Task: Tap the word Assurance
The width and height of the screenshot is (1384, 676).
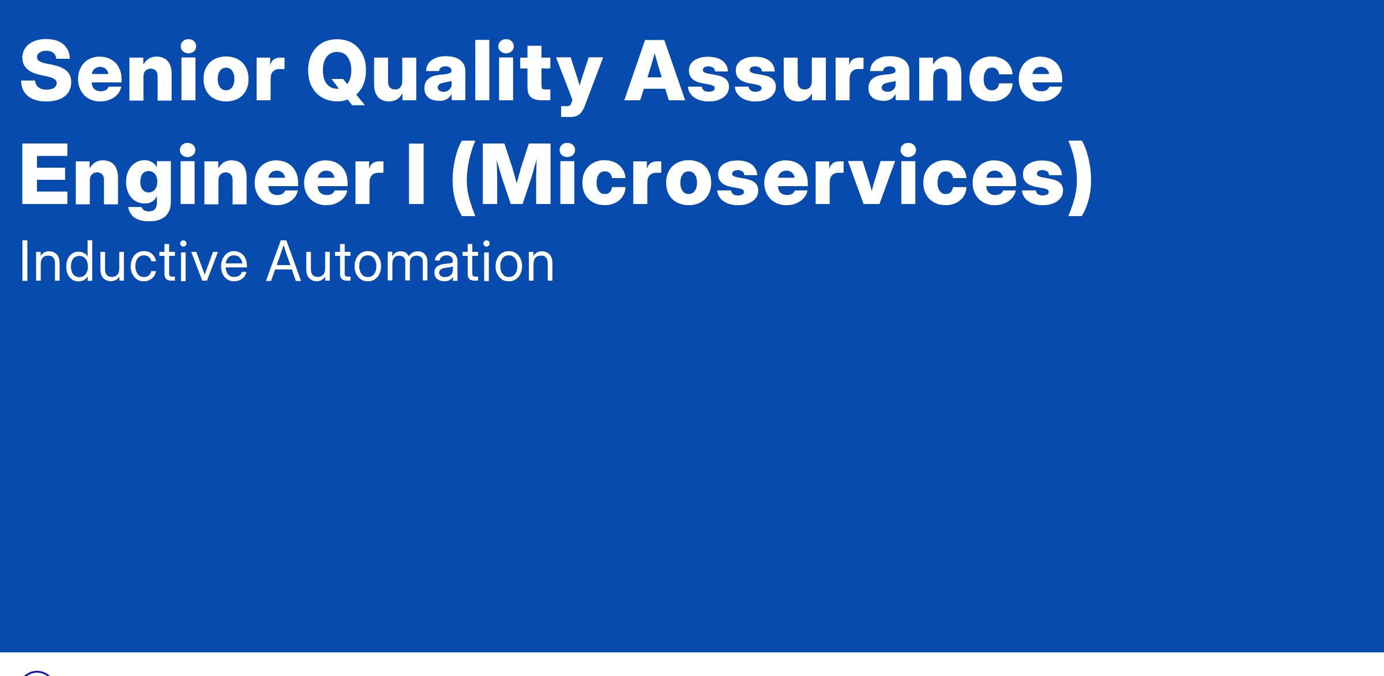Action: [844, 73]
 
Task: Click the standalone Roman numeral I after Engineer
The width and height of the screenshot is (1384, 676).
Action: [416, 175]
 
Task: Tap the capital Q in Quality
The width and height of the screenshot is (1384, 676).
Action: [337, 73]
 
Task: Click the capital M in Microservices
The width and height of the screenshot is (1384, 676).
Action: [528, 175]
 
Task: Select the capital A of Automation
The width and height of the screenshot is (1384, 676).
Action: [287, 262]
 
